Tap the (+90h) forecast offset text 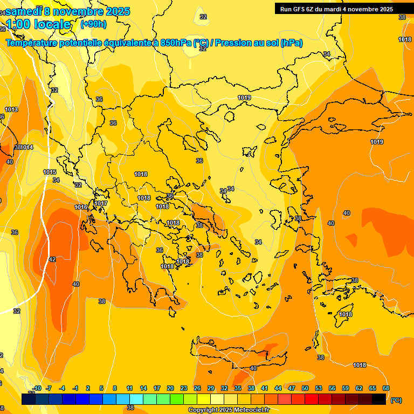(x=93, y=24)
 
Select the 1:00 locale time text (x=38, y=24)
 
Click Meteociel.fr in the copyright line (x=249, y=410)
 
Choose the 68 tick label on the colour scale (x=386, y=388)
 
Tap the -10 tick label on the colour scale (x=37, y=388)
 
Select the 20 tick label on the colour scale (x=170, y=388)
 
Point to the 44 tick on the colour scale (x=278, y=388)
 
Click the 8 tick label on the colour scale (x=115, y=388)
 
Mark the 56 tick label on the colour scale (x=332, y=388)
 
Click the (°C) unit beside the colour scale (x=396, y=400)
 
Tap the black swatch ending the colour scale (x=379, y=399)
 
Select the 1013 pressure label (x=11, y=110)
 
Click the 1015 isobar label (x=50, y=172)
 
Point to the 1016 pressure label (x=81, y=207)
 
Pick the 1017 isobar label (x=101, y=203)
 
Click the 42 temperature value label (x=52, y=260)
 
